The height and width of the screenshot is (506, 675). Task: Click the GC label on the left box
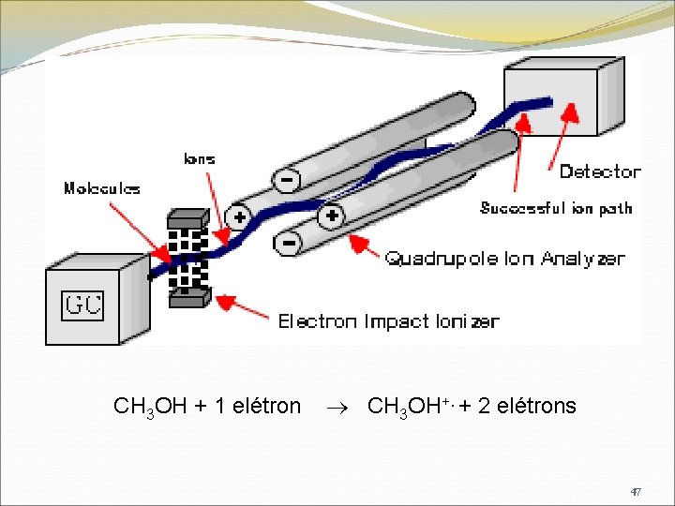click(82, 305)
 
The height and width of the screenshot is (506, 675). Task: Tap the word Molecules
click(101, 188)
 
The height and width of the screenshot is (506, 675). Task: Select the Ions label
click(199, 158)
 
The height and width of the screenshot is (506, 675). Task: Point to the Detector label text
click(600, 171)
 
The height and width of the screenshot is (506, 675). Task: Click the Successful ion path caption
click(556, 208)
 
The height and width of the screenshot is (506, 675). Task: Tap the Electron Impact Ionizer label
click(388, 321)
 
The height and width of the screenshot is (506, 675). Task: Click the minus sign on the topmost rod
click(284, 177)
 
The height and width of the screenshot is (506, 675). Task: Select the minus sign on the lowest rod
click(290, 244)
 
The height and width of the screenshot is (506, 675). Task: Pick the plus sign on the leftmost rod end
click(239, 218)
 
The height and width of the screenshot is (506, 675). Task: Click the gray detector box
click(562, 98)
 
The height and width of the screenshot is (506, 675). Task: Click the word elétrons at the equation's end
click(536, 406)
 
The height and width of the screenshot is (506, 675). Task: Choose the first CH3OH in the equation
click(150, 407)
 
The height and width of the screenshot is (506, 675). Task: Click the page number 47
click(636, 491)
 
